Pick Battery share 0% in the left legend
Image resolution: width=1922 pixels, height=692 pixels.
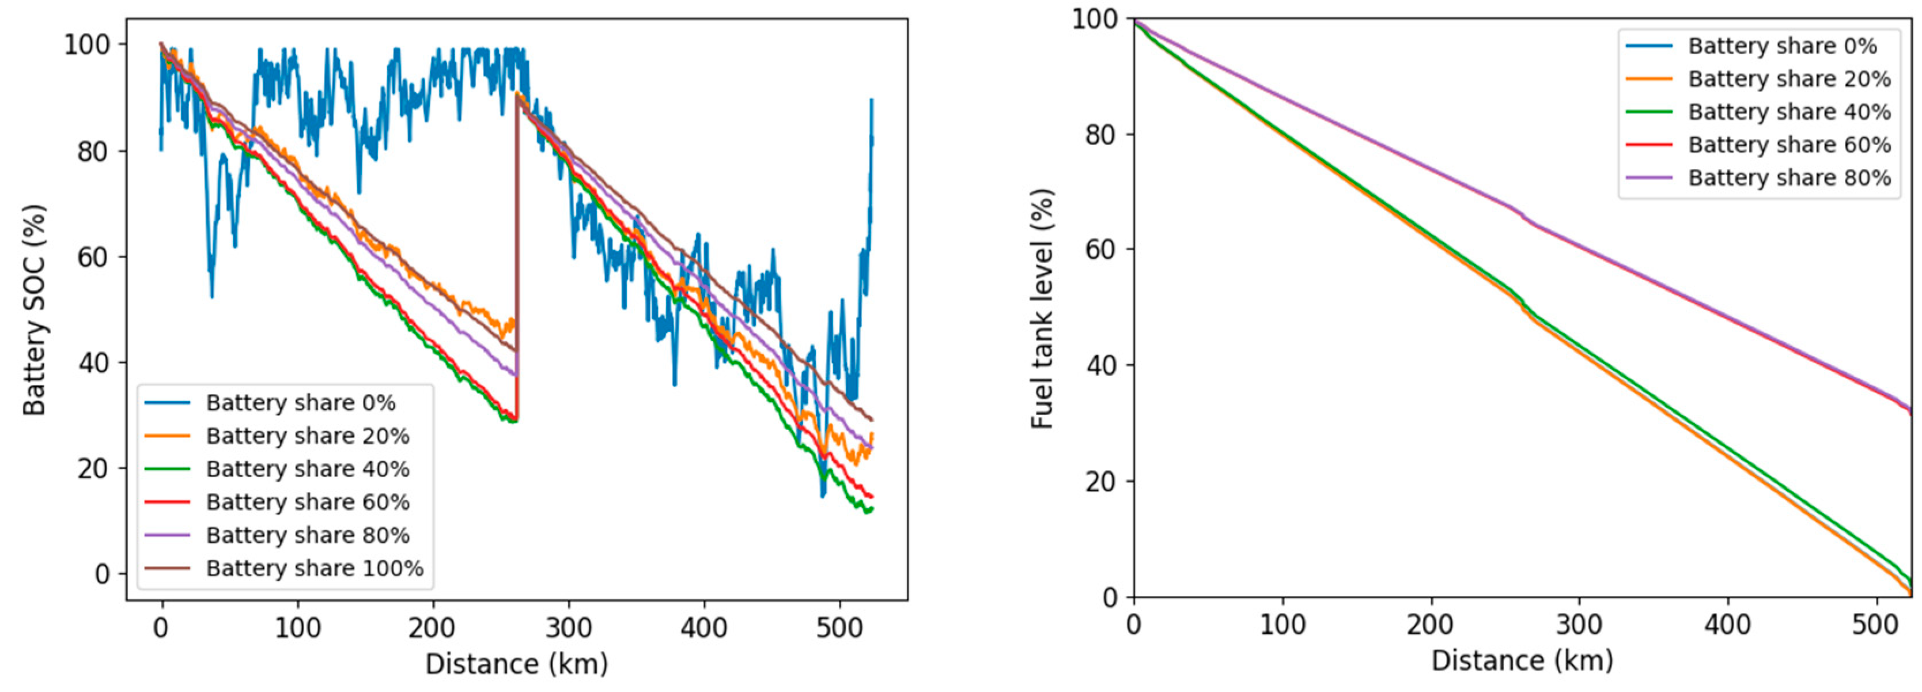301,403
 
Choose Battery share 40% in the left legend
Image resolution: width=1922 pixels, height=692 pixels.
308,470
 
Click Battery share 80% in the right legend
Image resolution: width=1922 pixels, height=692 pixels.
1789,177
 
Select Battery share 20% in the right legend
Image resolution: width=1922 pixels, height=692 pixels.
1789,79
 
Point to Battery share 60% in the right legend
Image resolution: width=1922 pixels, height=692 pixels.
1789,145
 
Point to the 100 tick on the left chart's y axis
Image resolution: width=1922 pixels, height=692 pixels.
86,45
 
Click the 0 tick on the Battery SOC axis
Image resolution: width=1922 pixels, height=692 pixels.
101,574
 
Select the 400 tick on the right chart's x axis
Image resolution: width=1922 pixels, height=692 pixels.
1727,624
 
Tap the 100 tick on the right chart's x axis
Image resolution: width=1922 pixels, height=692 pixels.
1282,624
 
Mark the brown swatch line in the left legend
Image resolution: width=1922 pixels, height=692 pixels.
167,569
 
